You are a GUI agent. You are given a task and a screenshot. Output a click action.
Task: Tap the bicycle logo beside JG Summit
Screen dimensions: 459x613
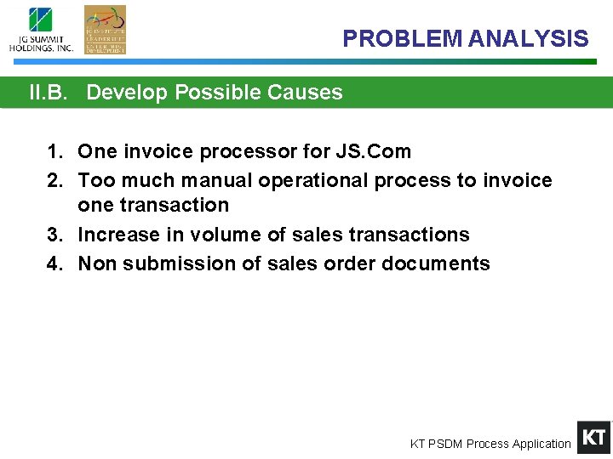pos(105,29)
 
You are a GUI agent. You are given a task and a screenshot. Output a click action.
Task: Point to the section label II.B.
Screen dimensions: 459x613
pos(48,93)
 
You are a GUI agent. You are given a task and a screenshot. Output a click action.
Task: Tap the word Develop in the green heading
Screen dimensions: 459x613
pos(128,93)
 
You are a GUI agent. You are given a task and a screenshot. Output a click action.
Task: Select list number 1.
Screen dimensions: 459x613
pos(54,152)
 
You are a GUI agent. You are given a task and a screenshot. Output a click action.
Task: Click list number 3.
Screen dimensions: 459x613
pos(54,235)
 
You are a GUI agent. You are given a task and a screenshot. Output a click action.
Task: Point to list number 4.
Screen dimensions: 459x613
pos(54,263)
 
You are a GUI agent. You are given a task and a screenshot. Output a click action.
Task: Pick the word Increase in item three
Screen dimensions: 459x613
pos(119,235)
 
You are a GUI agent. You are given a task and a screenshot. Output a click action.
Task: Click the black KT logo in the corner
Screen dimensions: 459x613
pos(593,437)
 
